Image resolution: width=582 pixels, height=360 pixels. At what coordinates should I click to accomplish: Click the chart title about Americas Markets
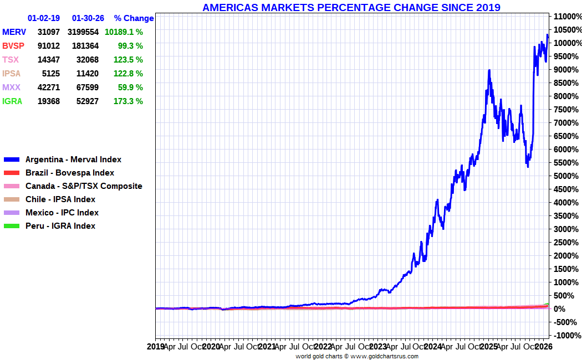(351, 7)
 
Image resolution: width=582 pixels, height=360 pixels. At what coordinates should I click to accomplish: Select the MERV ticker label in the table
(14, 32)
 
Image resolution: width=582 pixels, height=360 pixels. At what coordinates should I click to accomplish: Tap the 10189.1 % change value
(124, 32)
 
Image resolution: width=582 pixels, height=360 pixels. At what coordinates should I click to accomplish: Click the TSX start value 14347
(49, 60)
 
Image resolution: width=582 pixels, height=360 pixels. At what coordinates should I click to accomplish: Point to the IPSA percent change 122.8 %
(128, 74)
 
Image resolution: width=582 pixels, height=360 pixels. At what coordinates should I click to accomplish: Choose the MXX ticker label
(11, 88)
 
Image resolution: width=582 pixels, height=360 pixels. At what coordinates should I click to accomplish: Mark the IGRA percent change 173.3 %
(128, 101)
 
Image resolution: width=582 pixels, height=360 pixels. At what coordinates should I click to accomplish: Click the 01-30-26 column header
(88, 18)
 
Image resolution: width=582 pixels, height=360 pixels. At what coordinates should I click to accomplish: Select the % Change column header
(134, 18)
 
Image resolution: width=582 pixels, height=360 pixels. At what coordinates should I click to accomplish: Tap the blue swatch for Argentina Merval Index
(12, 160)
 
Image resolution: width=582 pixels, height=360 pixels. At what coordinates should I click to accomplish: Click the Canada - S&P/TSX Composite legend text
(84, 186)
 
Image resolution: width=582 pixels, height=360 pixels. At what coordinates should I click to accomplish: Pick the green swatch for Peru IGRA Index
(12, 226)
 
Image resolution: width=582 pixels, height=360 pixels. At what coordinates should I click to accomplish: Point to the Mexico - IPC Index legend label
(62, 213)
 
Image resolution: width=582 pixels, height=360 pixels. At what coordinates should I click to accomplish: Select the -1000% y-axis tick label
(568, 336)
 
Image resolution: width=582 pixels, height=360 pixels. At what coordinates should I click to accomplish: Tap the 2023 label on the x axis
(378, 347)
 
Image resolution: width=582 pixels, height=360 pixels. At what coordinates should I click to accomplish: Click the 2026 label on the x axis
(543, 347)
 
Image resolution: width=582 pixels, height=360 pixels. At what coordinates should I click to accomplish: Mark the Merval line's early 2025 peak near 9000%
(489, 70)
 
